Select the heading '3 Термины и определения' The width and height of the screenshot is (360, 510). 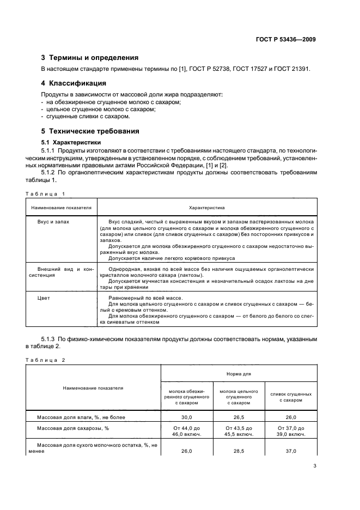(90, 57)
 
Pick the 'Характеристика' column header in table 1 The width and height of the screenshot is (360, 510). (206, 208)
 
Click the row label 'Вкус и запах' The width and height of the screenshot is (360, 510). (53, 222)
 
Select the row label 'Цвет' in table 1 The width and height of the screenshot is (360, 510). (44, 298)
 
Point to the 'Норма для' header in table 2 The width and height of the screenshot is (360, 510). (239, 374)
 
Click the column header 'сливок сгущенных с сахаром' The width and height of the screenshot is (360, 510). (291, 397)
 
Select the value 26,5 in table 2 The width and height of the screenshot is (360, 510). (239, 416)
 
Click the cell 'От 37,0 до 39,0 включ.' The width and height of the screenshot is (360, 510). (291, 432)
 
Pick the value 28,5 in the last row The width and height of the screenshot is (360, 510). (239, 451)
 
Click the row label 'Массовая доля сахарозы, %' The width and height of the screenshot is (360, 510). (73, 428)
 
